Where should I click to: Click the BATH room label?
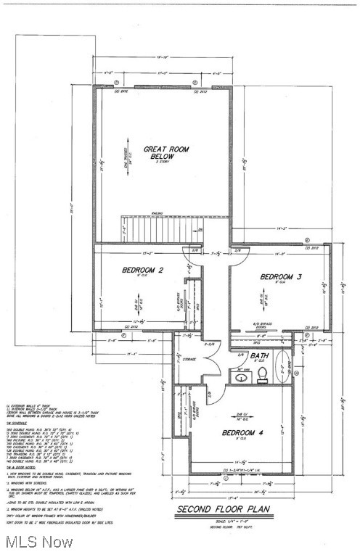259,356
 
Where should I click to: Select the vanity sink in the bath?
240,376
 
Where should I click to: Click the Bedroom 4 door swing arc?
215,397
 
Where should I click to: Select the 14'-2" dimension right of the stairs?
281,229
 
